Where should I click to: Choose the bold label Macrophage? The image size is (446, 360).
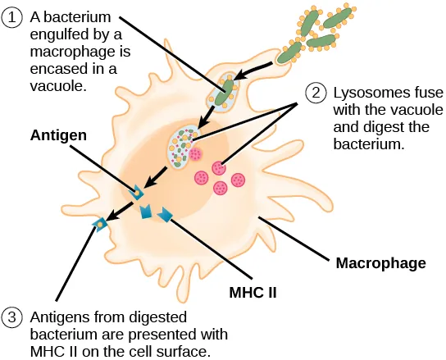click(x=381, y=263)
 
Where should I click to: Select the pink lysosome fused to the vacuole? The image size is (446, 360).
click(x=195, y=153)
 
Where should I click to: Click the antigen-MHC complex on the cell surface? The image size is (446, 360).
click(x=101, y=223)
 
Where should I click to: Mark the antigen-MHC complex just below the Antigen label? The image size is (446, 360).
click(x=136, y=192)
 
